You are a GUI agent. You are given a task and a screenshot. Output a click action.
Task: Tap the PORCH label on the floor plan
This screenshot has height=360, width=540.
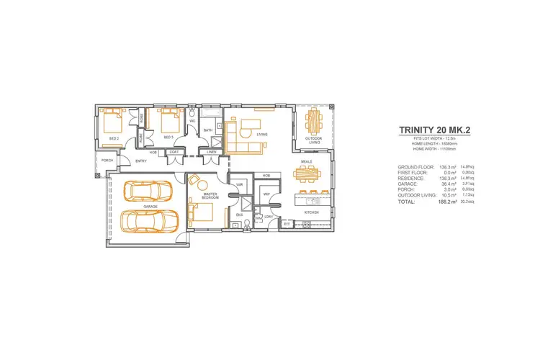click(107, 160)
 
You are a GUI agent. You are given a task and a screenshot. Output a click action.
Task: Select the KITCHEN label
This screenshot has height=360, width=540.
click(311, 213)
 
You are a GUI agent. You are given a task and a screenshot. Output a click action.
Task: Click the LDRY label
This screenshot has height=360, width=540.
click(268, 216)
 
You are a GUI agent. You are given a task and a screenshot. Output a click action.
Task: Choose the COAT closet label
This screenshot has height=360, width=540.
click(174, 152)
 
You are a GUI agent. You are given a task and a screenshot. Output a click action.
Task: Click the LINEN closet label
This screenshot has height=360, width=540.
click(211, 152)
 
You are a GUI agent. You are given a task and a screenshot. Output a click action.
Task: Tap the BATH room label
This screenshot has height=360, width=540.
click(207, 130)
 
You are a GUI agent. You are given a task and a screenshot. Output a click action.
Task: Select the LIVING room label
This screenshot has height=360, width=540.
click(262, 134)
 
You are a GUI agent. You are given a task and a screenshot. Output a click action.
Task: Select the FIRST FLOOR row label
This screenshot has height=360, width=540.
click(413, 172)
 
